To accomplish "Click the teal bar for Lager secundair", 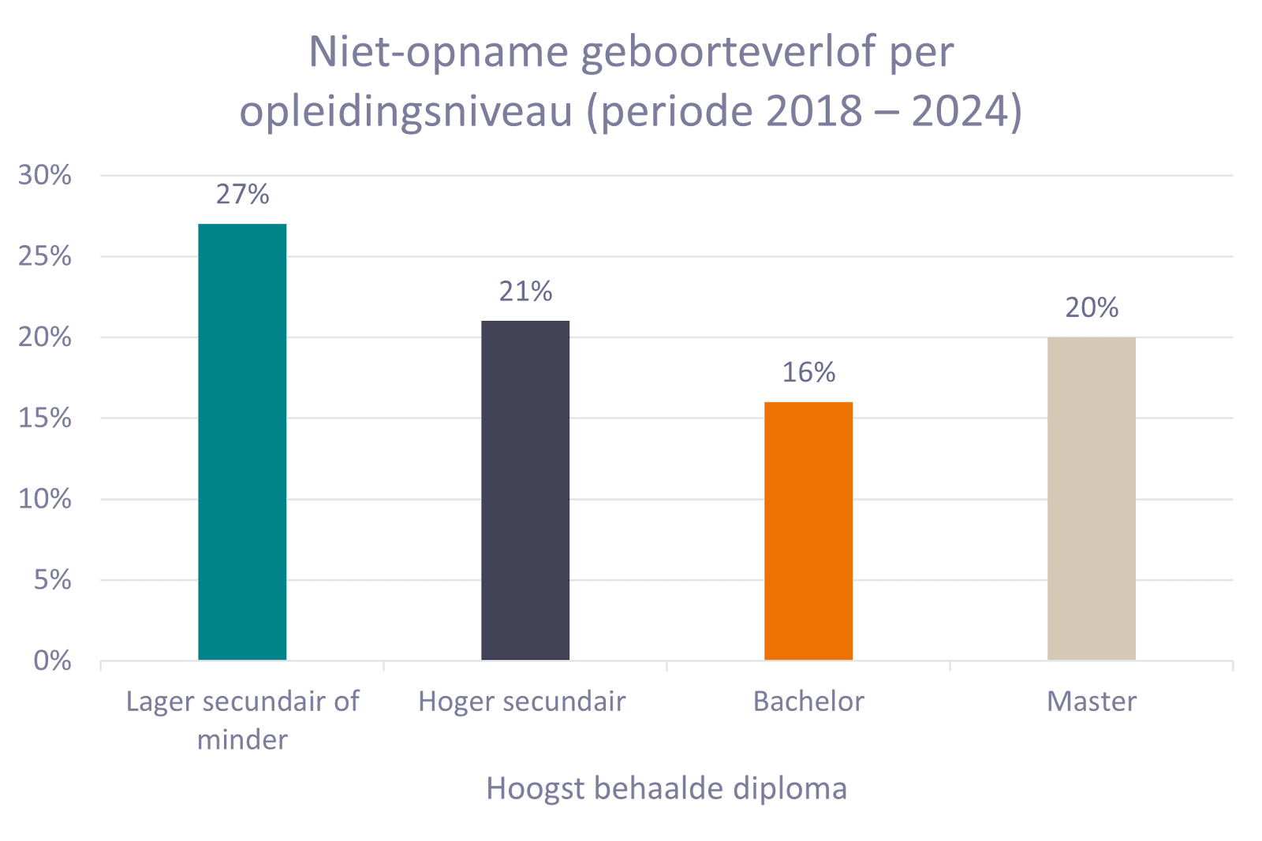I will (242, 441).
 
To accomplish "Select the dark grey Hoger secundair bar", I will (525, 490).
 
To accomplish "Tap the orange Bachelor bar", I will (808, 530).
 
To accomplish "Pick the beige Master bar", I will (1092, 498).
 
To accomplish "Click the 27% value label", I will (242, 195).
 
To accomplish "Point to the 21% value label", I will (525, 292).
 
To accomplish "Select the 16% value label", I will (808, 372).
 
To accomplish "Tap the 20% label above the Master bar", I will (1092, 307).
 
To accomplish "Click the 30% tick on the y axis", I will (45, 175).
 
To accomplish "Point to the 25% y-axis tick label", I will (45, 256).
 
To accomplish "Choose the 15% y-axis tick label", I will (45, 418).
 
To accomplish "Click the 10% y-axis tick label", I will (45, 499).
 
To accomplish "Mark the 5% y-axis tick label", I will (52, 580).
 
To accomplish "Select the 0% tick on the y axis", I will (52, 661).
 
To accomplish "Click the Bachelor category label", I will (808, 701).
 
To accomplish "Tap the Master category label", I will (1092, 701).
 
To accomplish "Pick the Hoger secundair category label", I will (521, 701).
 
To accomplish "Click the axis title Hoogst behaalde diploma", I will (666, 788).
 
